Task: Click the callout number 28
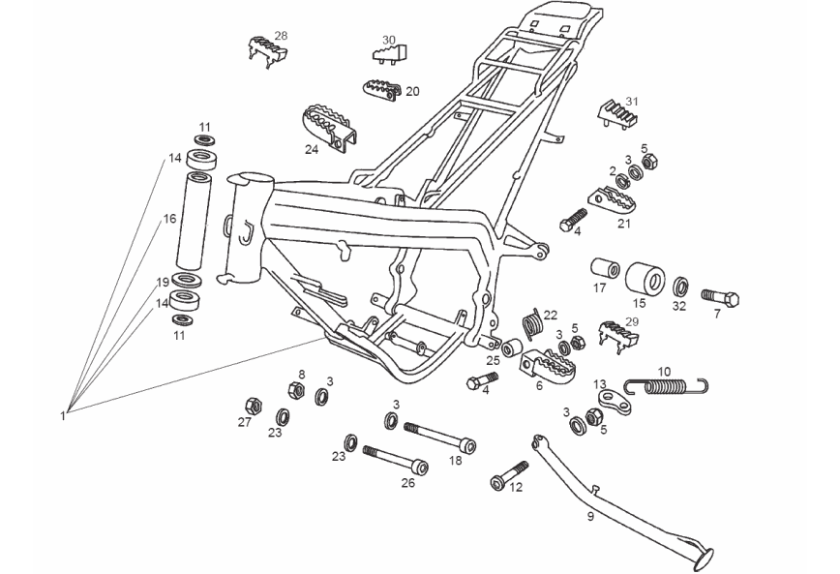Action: pyautogui.click(x=281, y=36)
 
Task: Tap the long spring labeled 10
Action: pyautogui.click(x=669, y=387)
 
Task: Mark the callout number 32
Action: pyautogui.click(x=680, y=306)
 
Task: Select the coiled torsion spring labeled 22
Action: pyautogui.click(x=531, y=323)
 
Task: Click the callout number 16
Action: pyautogui.click(x=169, y=220)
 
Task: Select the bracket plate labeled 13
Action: pyautogui.click(x=616, y=402)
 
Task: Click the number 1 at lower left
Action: pyautogui.click(x=63, y=415)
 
